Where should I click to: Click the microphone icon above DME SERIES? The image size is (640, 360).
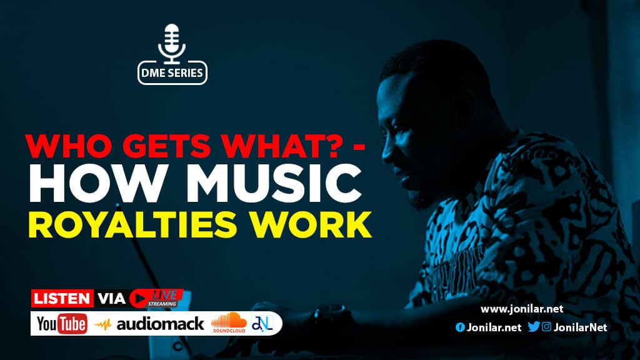coord(172,44)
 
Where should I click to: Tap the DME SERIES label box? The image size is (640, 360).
coord(172,73)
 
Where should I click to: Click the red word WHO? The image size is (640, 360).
coord(69,145)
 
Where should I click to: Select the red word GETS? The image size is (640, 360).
coord(166,145)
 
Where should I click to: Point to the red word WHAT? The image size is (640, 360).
coord(280,145)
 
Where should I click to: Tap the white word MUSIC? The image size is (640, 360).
coord(274,183)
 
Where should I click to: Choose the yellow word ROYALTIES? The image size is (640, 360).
coord(132,224)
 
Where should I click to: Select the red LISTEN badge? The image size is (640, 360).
coord(62,298)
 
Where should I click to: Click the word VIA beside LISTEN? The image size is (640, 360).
coord(111,298)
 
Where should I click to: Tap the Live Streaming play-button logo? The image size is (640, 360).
coord(156,298)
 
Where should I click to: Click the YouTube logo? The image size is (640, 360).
coord(62,324)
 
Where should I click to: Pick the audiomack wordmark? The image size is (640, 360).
coord(159,324)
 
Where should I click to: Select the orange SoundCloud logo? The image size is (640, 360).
coord(229,322)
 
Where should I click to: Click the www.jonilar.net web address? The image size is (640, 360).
coord(522,309)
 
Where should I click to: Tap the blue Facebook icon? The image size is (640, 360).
coord(460,327)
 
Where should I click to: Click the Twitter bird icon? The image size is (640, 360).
coord(534,326)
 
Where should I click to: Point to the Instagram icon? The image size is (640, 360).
coord(546,326)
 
